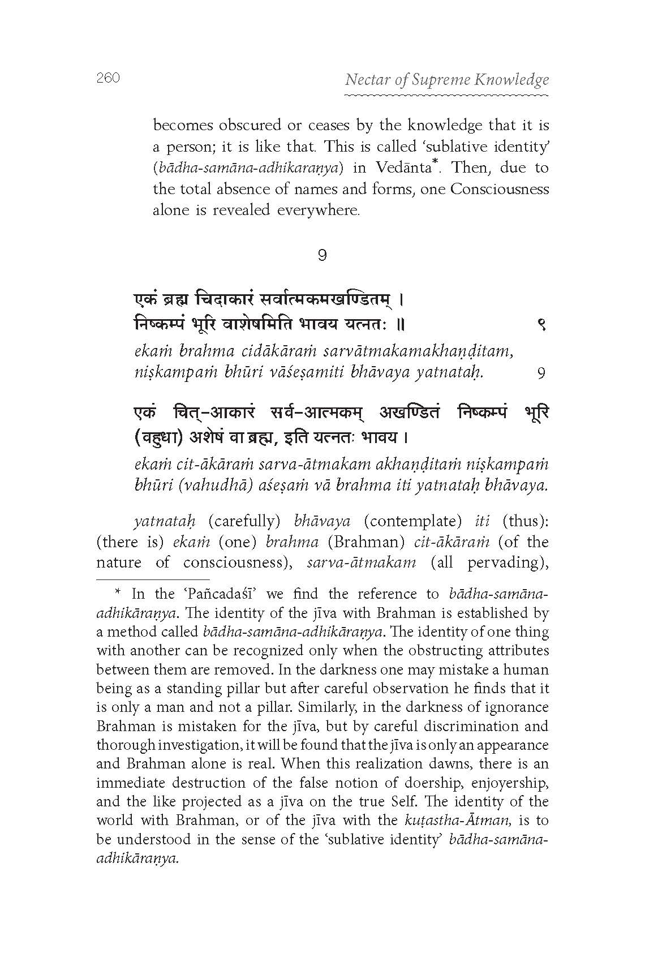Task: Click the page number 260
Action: (x=108, y=78)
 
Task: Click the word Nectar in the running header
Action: (x=365, y=80)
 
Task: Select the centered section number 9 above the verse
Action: (x=322, y=256)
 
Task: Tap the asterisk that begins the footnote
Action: (x=118, y=593)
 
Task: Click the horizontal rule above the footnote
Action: (x=153, y=579)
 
